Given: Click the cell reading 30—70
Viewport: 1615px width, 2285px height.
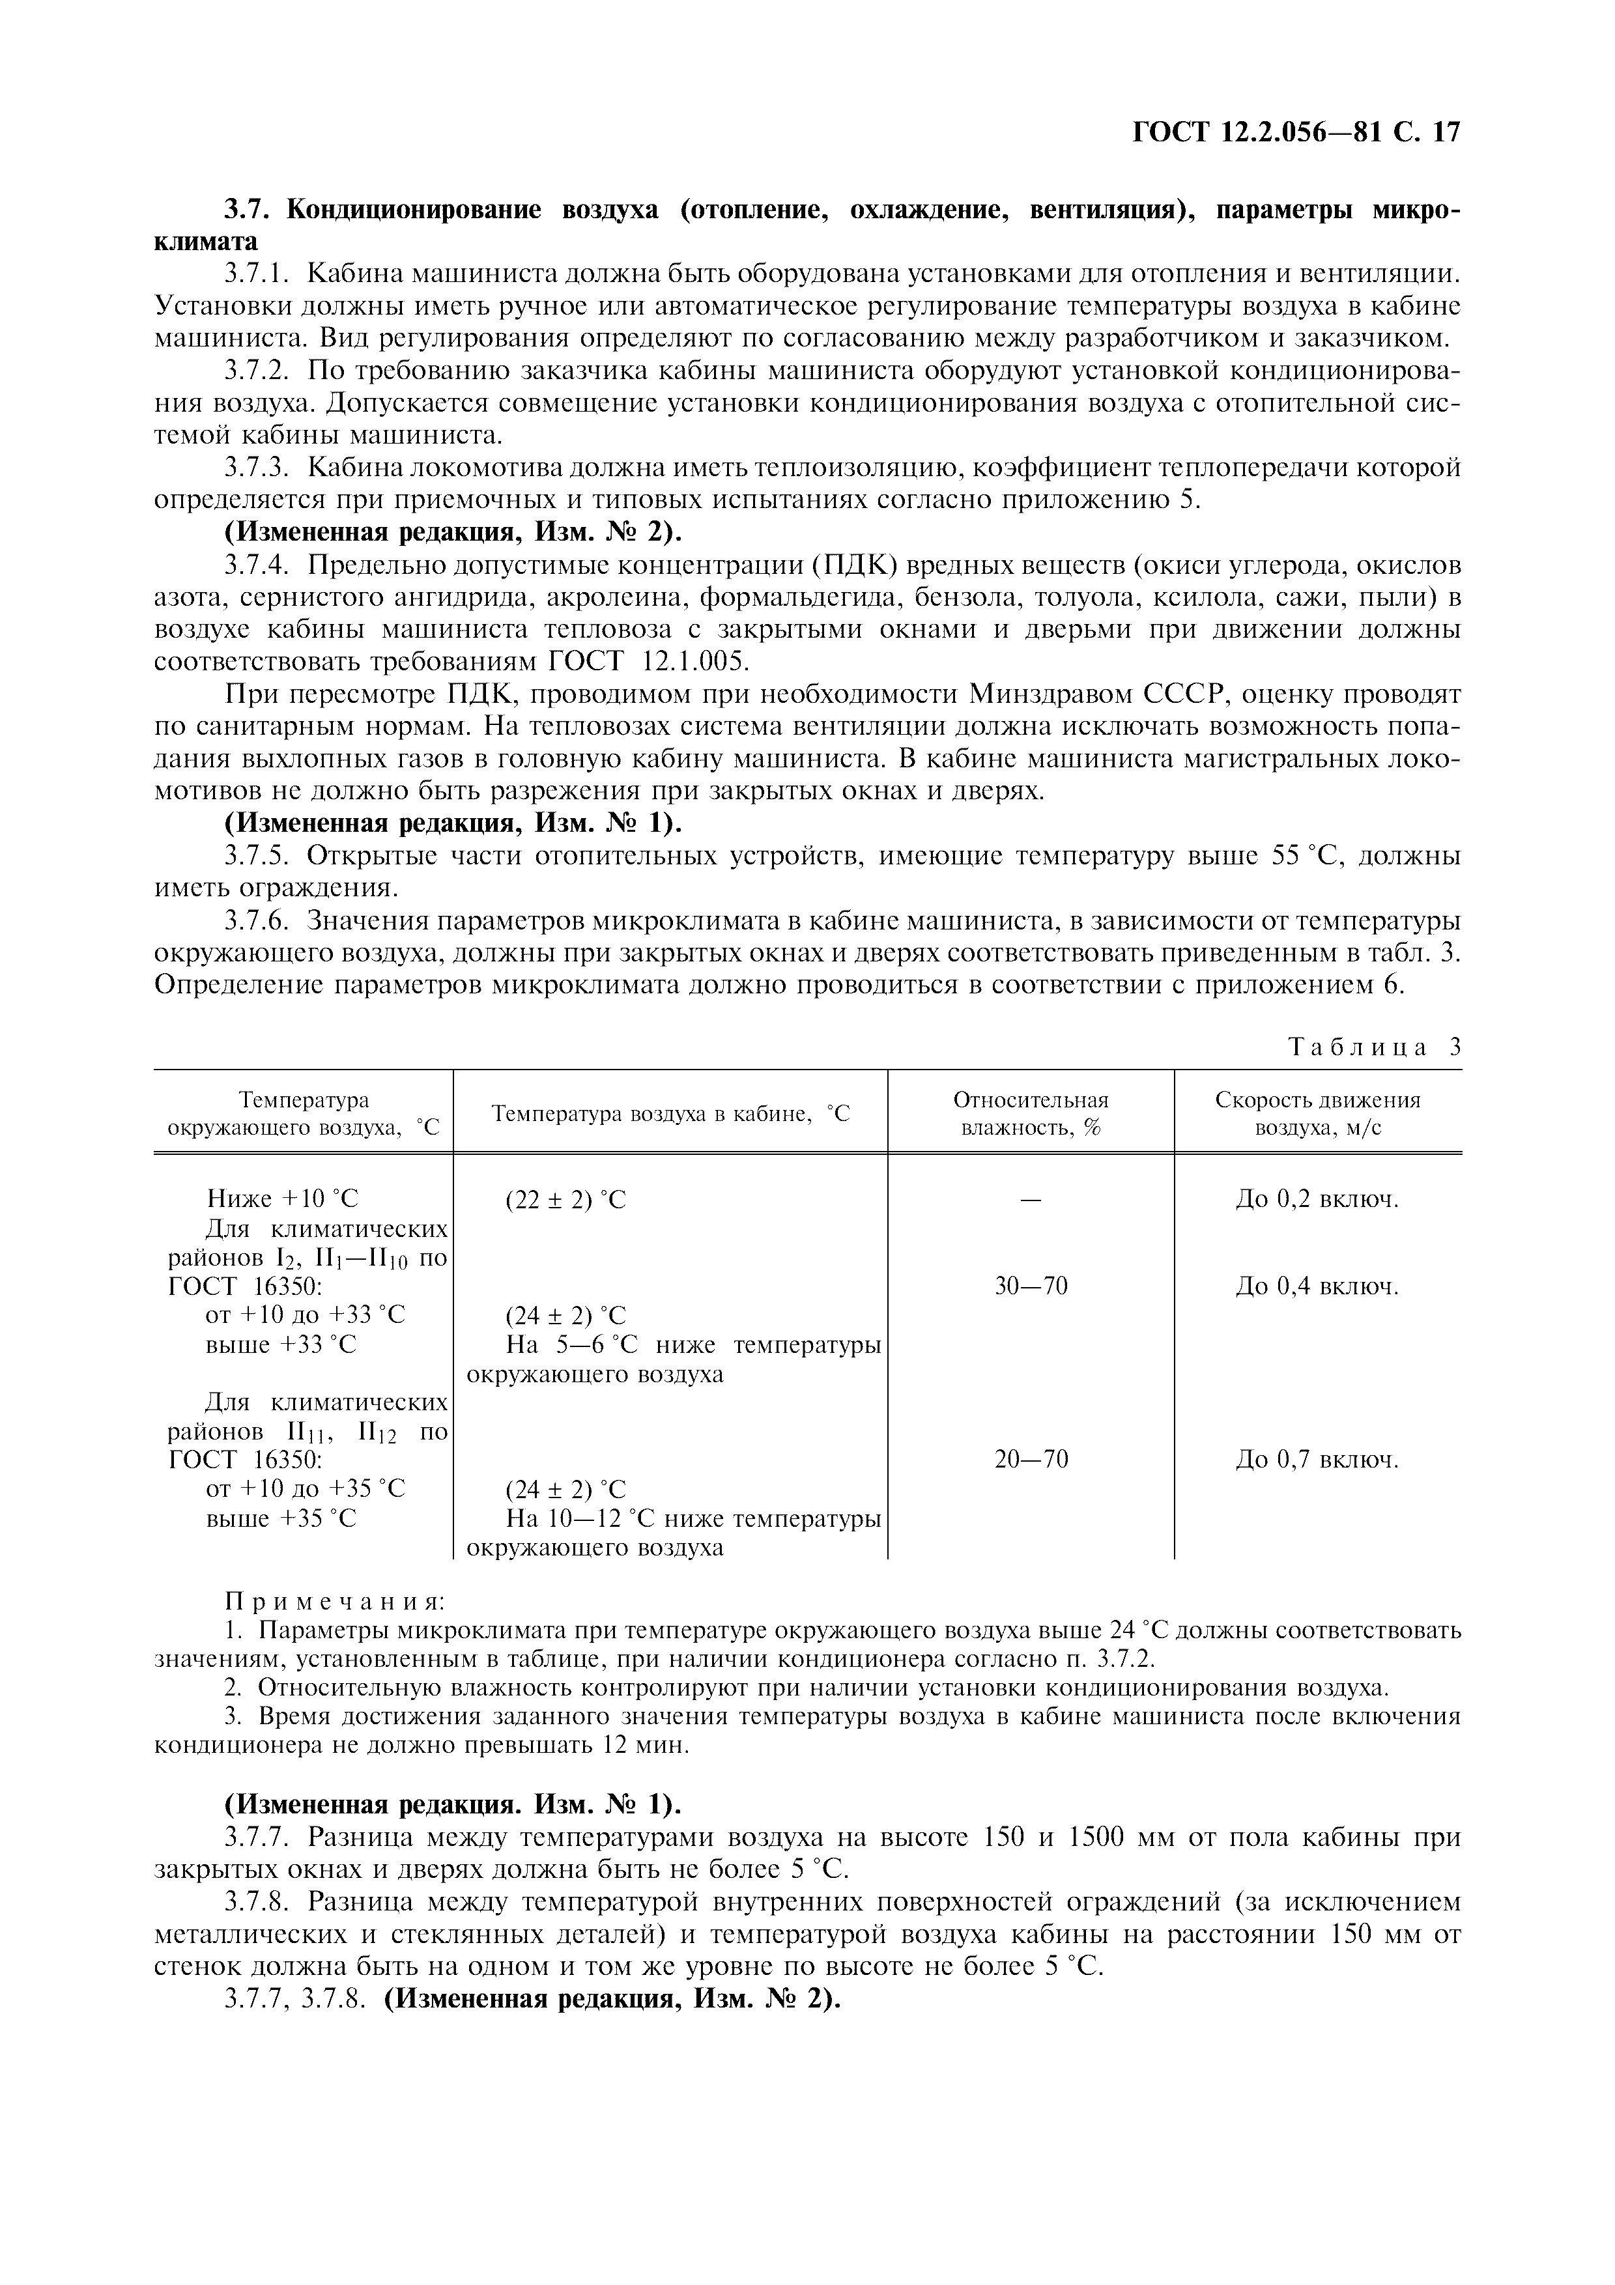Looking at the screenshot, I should point(1030,1287).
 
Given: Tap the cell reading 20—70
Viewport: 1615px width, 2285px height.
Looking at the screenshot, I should point(1030,1460).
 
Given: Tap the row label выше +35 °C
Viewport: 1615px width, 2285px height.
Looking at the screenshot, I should point(281,1519).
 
